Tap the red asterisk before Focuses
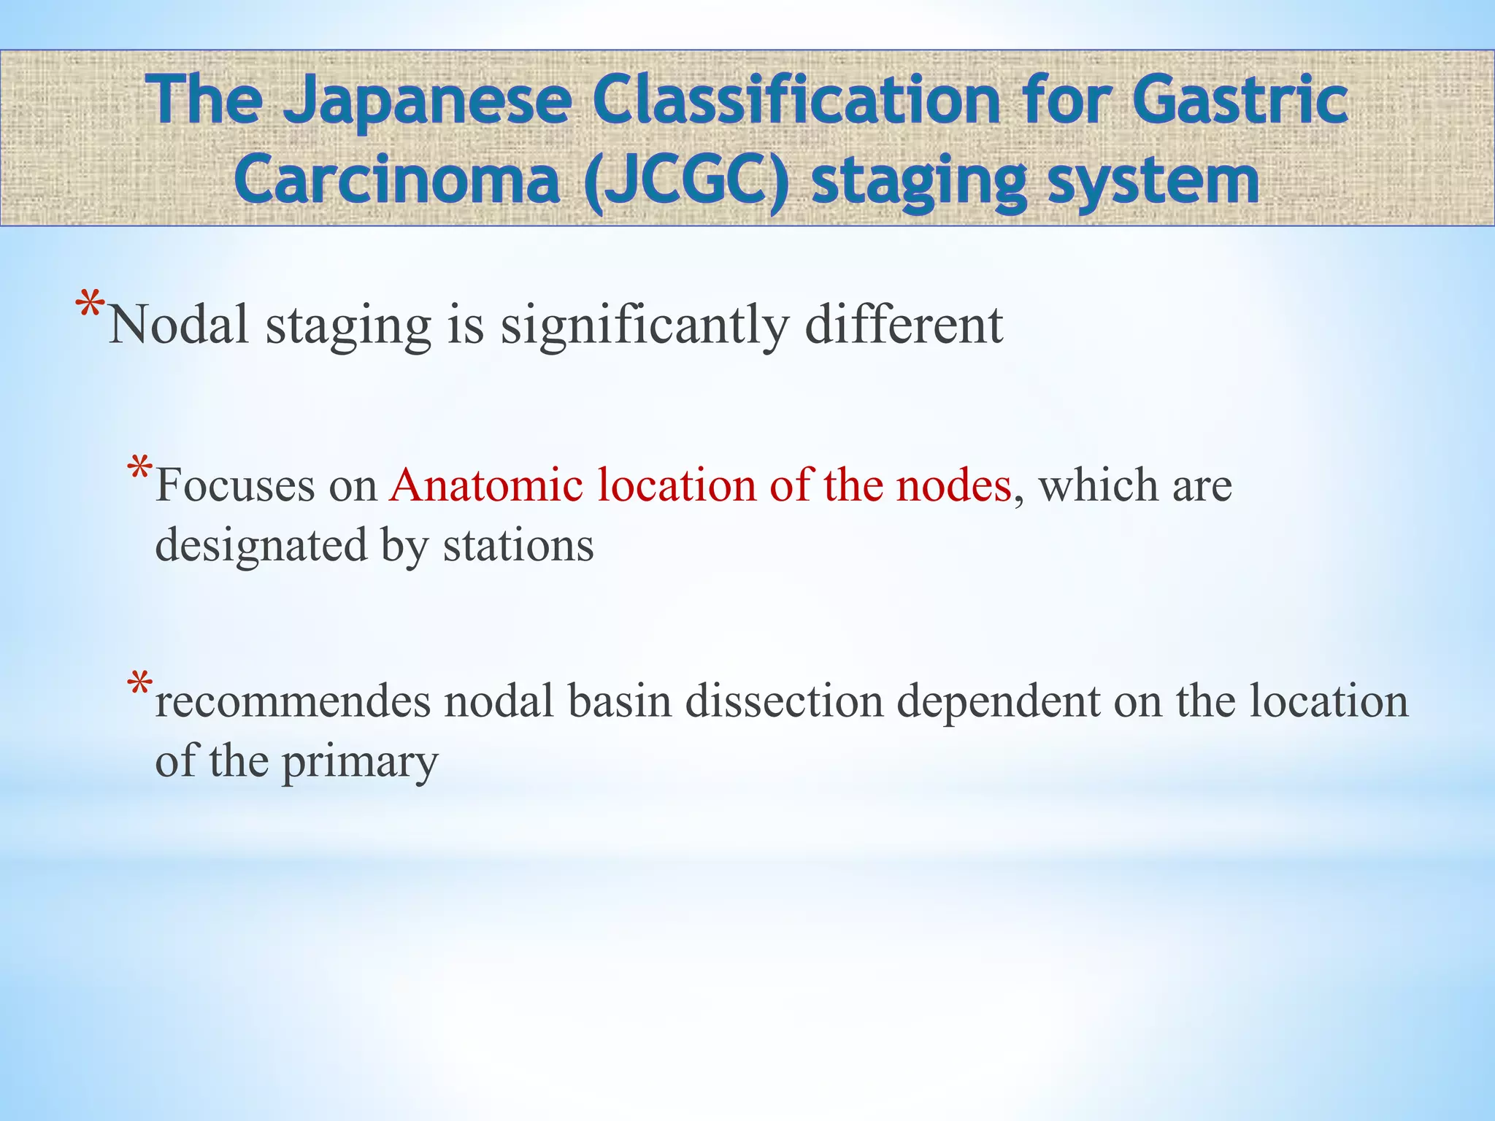tap(139, 469)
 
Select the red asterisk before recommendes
tap(139, 685)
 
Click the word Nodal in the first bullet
tap(179, 325)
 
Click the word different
tap(904, 325)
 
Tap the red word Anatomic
tap(486, 485)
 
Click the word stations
tap(518, 546)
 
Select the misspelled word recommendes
tap(293, 702)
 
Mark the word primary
tap(359, 763)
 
